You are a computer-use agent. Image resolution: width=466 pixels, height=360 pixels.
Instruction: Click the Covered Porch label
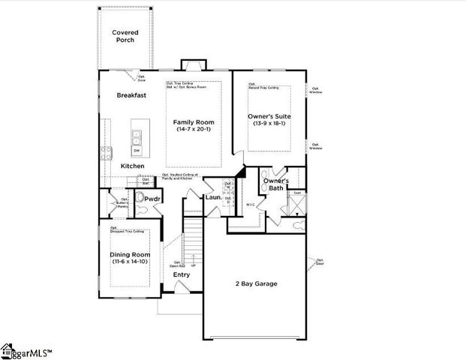point(125,36)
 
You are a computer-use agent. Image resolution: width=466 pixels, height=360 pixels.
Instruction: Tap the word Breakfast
point(131,95)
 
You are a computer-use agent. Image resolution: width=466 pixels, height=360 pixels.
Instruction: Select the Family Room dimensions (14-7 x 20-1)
point(194,130)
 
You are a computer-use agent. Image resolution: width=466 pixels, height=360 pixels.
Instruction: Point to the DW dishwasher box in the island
point(137,150)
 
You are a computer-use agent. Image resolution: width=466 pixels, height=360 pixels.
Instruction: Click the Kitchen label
point(133,166)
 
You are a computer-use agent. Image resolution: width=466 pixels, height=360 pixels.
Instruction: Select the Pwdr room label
point(154,199)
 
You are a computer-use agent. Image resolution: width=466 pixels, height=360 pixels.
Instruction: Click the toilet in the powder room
point(138,199)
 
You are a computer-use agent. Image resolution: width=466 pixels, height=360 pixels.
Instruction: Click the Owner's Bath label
point(275,184)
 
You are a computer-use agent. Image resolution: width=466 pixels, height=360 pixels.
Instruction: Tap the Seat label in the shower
point(296,193)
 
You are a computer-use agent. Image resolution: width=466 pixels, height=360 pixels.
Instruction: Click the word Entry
point(182,274)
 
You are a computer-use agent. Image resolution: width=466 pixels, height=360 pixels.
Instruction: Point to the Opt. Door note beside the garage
point(320,262)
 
